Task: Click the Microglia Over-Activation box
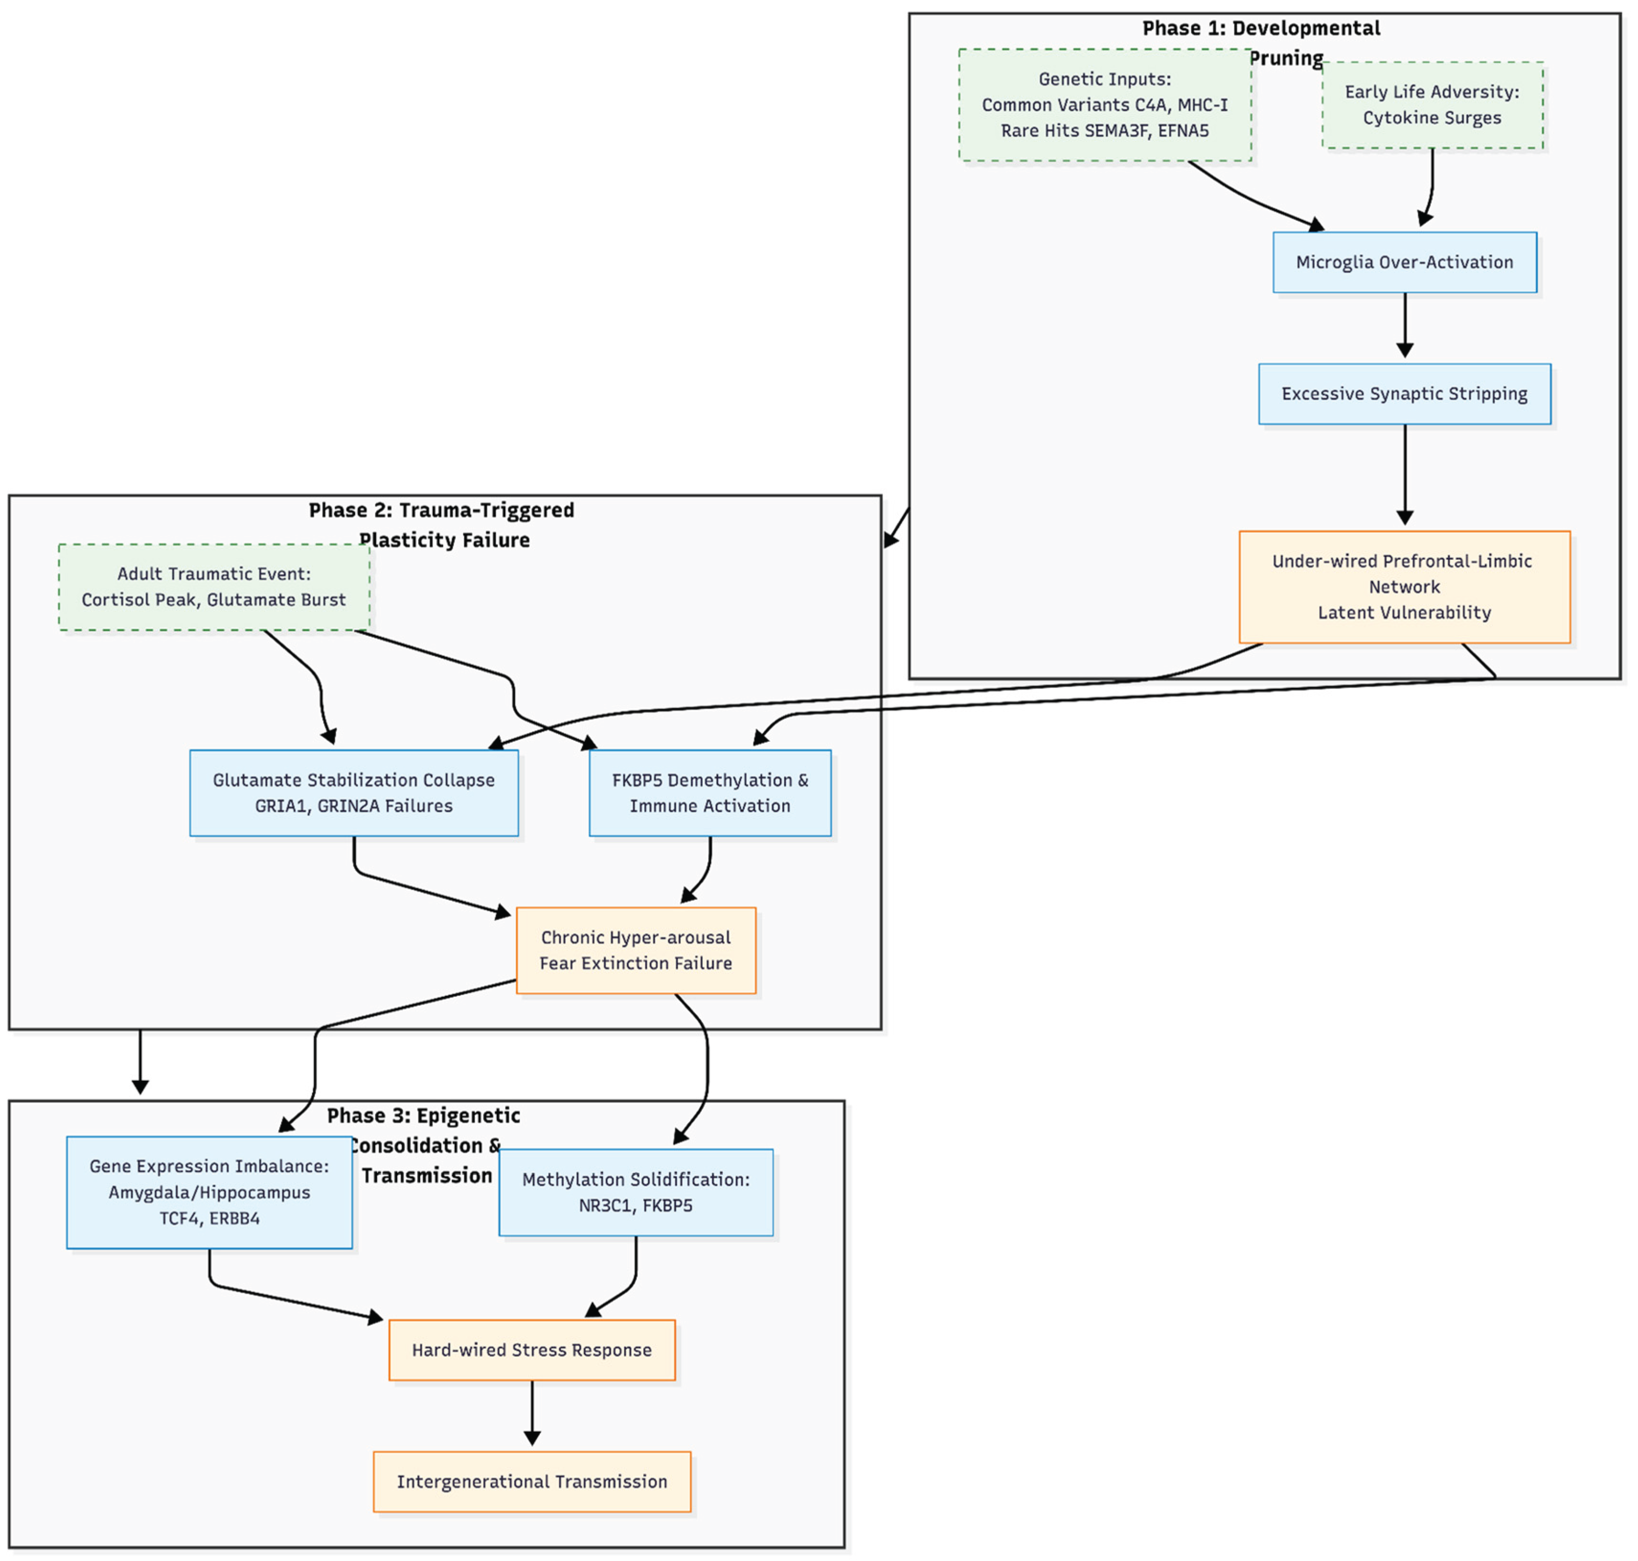pyautogui.click(x=1404, y=262)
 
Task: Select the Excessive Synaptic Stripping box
pyautogui.click(x=1404, y=394)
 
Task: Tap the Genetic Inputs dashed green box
pyautogui.click(x=1105, y=105)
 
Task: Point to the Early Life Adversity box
pyautogui.click(x=1432, y=105)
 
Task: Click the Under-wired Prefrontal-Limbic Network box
pyautogui.click(x=1404, y=587)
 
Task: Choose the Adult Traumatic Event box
pyautogui.click(x=214, y=587)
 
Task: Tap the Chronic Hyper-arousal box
pyautogui.click(x=636, y=950)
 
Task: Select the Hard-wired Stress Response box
pyautogui.click(x=532, y=1350)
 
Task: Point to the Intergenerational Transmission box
pyautogui.click(x=532, y=1481)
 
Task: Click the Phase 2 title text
pyautogui.click(x=442, y=524)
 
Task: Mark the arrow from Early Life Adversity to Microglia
pyautogui.click(x=1431, y=187)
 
